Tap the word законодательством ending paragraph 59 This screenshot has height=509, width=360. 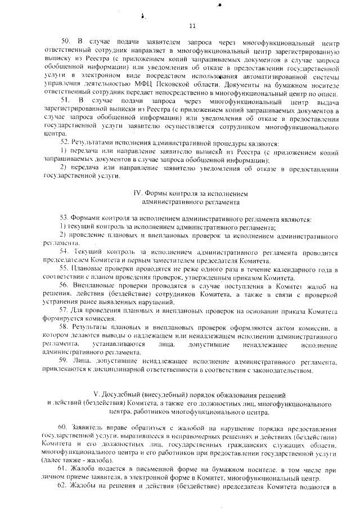(279, 371)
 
